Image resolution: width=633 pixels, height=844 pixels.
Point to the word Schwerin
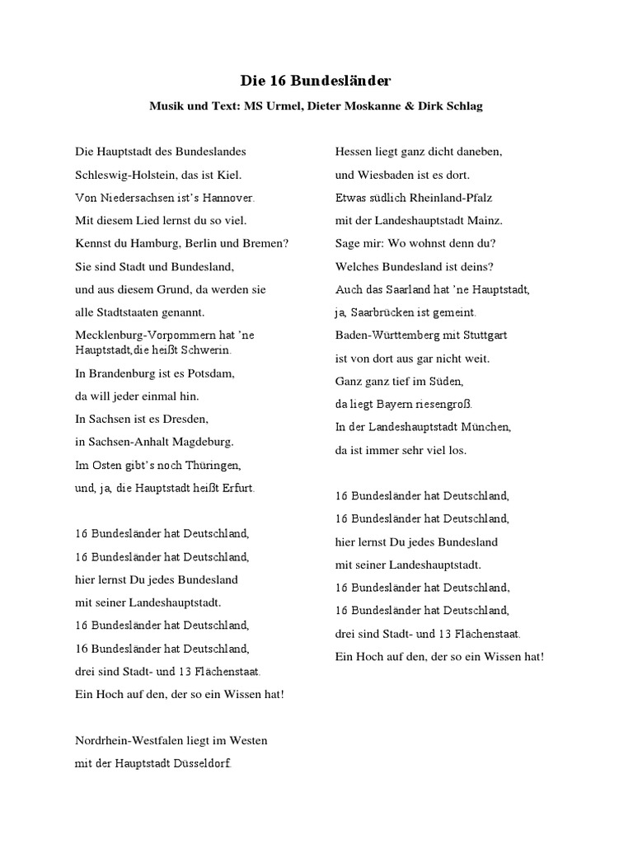(207, 350)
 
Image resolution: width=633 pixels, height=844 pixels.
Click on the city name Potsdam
(212, 373)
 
